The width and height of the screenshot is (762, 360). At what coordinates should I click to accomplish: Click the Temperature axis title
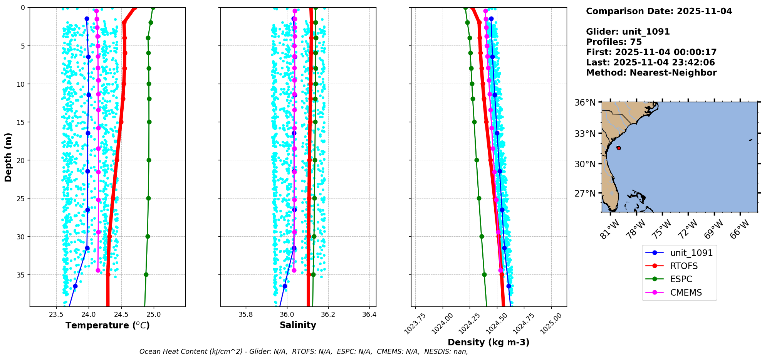click(107, 325)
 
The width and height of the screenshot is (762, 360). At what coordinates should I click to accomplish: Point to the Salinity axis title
click(298, 325)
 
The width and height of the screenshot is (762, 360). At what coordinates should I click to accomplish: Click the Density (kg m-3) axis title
click(488, 342)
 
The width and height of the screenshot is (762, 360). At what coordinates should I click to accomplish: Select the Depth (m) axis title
click(8, 157)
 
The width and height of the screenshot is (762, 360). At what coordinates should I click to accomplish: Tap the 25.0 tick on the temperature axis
click(154, 315)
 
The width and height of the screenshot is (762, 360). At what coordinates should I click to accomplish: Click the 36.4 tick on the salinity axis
click(369, 315)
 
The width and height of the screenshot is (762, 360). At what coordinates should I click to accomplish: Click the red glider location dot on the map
click(619, 148)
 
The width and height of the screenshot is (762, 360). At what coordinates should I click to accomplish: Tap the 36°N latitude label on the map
click(585, 103)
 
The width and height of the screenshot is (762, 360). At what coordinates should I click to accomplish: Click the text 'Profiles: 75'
click(614, 42)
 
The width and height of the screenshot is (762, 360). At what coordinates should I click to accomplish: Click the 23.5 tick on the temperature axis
click(56, 315)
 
